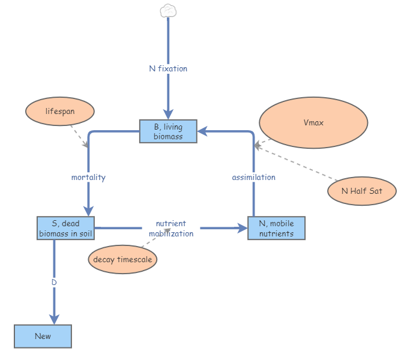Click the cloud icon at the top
pyautogui.click(x=168, y=10)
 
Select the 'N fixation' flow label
pyautogui.click(x=168, y=68)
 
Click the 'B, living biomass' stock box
pyautogui.click(x=169, y=131)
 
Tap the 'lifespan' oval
pyautogui.click(x=60, y=112)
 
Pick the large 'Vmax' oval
pyautogui.click(x=313, y=122)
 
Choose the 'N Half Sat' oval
pyautogui.click(x=362, y=191)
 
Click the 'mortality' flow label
pyautogui.click(x=88, y=177)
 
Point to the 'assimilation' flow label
pyautogui.click(x=253, y=177)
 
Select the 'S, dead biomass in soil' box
pyautogui.click(x=65, y=228)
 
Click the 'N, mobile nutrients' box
pyautogui.click(x=276, y=228)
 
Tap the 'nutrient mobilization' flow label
pyautogui.click(x=171, y=229)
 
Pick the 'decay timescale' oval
pyautogui.click(x=123, y=260)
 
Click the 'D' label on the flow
pyautogui.click(x=54, y=282)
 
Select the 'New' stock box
pyautogui.click(x=43, y=336)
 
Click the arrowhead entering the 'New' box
pyautogui.click(x=54, y=319)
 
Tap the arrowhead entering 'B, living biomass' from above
pyautogui.click(x=168, y=114)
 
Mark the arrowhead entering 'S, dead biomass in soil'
pyautogui.click(x=88, y=211)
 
